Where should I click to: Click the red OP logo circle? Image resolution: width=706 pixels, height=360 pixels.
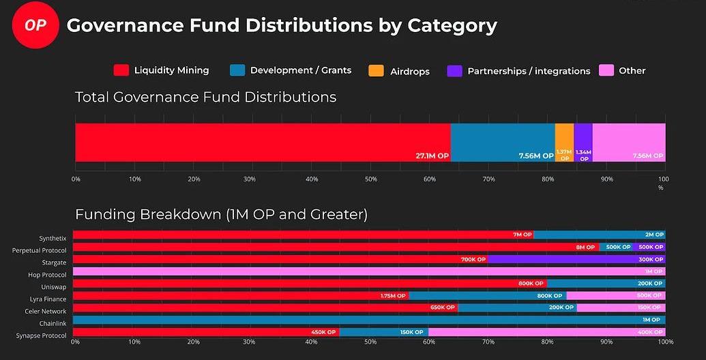pyautogui.click(x=35, y=25)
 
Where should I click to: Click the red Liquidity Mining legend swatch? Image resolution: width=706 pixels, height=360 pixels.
pyautogui.click(x=121, y=70)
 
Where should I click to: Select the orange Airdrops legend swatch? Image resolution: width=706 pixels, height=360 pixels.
pyautogui.click(x=376, y=70)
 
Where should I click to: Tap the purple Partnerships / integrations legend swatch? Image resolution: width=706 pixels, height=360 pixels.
pyautogui.click(x=455, y=71)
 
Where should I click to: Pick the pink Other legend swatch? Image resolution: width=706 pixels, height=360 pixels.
pyautogui.click(x=606, y=70)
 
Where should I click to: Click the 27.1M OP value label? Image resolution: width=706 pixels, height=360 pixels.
pyautogui.click(x=432, y=155)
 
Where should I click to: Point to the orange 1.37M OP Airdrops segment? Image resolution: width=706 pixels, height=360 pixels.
pyautogui.click(x=564, y=142)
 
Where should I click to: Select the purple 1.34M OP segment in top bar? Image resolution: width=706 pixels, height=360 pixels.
pyautogui.click(x=583, y=142)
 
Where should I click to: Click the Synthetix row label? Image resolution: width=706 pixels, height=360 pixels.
pyautogui.click(x=53, y=239)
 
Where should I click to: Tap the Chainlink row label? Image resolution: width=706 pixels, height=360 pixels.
pyautogui.click(x=53, y=323)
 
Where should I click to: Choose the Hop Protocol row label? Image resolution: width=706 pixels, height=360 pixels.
pyautogui.click(x=48, y=275)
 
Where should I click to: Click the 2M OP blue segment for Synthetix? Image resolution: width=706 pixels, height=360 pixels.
pyautogui.click(x=599, y=235)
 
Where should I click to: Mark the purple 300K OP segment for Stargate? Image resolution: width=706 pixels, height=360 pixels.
pyautogui.click(x=576, y=259)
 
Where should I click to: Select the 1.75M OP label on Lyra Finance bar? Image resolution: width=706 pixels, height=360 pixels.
pyautogui.click(x=393, y=296)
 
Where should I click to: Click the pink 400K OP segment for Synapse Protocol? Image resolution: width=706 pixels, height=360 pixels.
pyautogui.click(x=546, y=332)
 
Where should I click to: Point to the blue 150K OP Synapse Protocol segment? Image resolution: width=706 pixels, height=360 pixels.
pyautogui.click(x=383, y=332)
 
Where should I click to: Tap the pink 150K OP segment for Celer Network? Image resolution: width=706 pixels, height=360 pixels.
pyautogui.click(x=621, y=307)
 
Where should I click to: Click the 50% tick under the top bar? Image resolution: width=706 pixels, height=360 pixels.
pyautogui.click(x=370, y=179)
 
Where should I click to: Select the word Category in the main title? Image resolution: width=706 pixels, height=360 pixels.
pyautogui.click(x=452, y=26)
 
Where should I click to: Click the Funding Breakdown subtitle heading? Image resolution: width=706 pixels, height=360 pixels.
pyautogui.click(x=221, y=214)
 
